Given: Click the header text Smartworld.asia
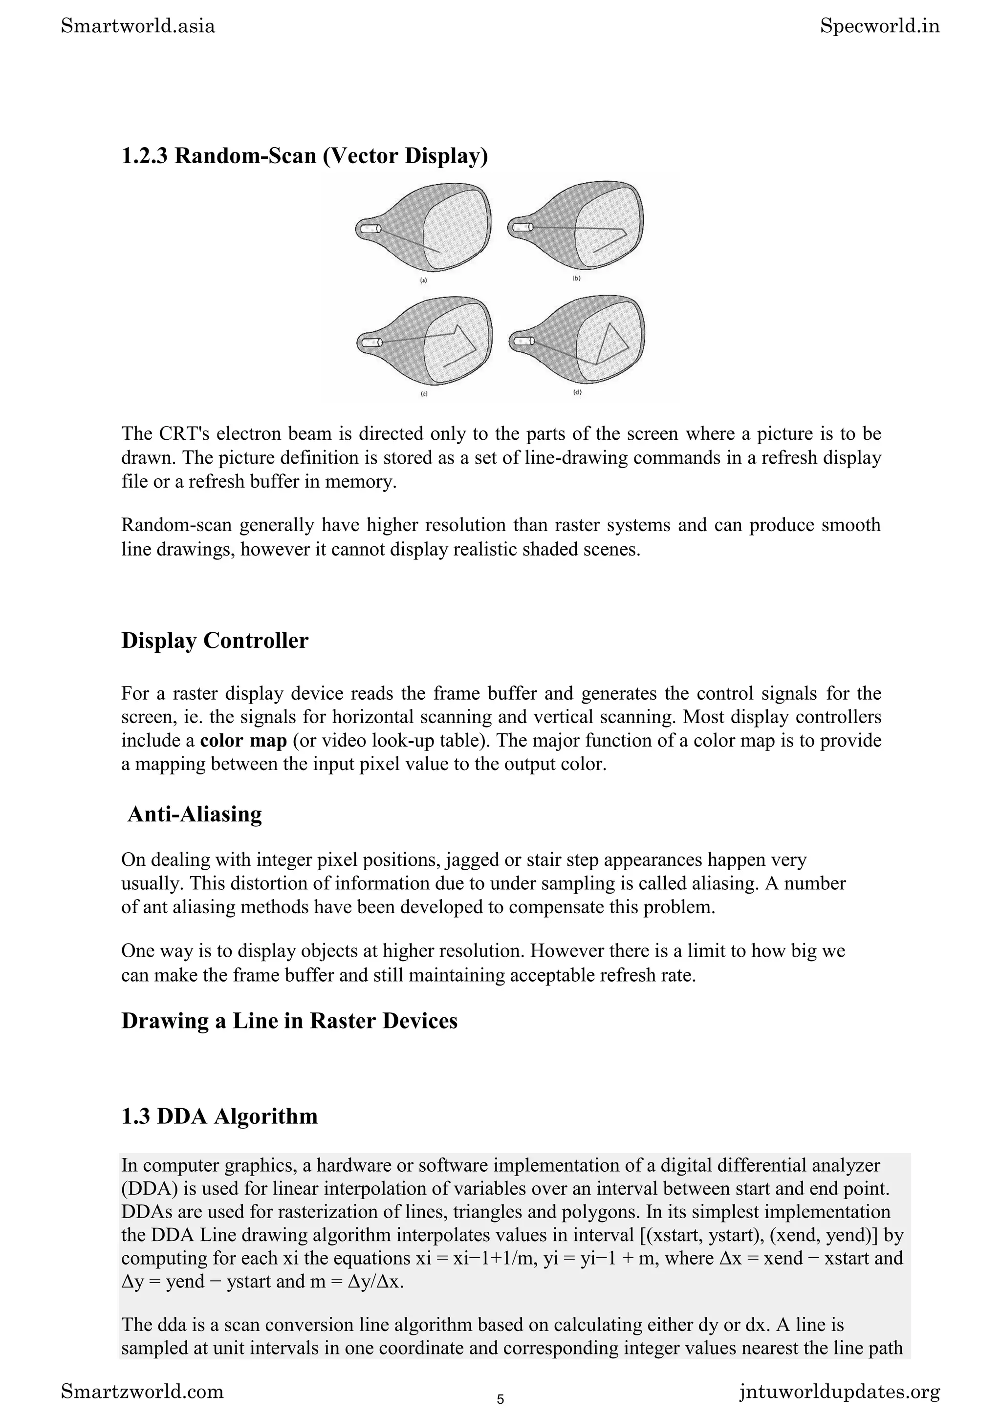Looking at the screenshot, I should (x=138, y=26).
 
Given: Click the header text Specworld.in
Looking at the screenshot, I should (x=879, y=26).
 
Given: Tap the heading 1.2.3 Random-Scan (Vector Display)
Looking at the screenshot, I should (x=305, y=156).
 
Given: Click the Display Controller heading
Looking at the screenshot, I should (x=215, y=640).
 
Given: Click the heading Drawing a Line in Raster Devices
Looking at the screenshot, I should (x=289, y=1021).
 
